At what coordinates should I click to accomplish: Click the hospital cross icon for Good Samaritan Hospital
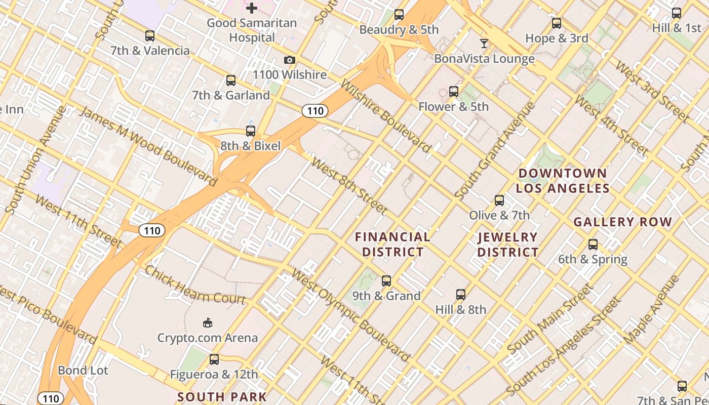pos(252,8)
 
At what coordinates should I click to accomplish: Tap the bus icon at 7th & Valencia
pos(150,36)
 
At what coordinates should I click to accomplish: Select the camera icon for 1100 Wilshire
pos(290,60)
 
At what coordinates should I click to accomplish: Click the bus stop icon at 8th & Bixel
pos(251,131)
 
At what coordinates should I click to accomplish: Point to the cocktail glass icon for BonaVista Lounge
pos(484,44)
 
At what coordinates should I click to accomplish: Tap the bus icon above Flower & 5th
pos(454,92)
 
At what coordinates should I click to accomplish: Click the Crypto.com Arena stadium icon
pos(207,322)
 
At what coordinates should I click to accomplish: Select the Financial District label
pos(392,244)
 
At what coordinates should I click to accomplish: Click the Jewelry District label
pos(508,244)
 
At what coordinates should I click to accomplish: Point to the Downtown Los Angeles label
pos(563,181)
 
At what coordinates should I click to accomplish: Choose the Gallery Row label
pos(622,222)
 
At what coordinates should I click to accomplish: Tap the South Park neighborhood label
pos(222,396)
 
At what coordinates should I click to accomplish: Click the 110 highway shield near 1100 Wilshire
pos(315,111)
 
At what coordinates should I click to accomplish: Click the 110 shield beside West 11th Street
pos(151,231)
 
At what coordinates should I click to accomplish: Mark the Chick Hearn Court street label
pos(195,285)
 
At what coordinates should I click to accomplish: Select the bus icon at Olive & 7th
pos(499,200)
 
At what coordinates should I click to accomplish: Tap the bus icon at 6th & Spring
pos(593,245)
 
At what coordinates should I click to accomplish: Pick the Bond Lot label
pos(83,370)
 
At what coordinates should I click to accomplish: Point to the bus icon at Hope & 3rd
pos(557,23)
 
